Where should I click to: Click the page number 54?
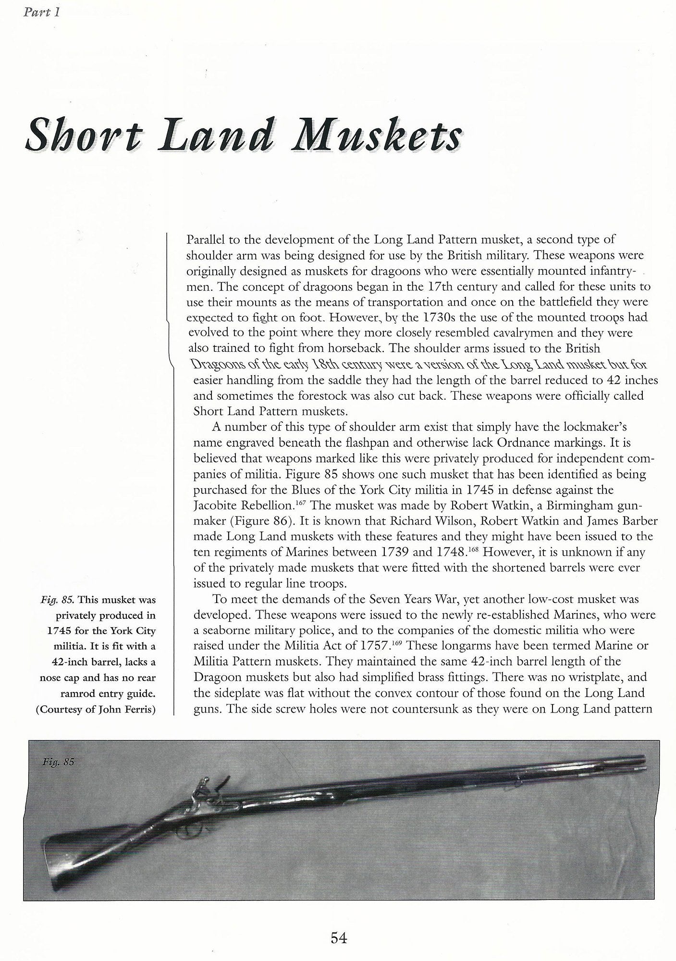tap(338, 937)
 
